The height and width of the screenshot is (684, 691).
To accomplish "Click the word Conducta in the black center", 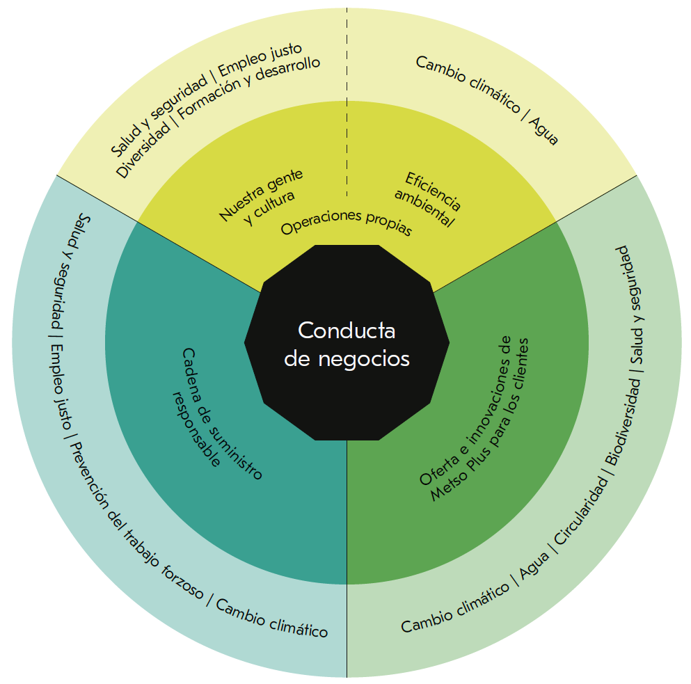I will tap(347, 330).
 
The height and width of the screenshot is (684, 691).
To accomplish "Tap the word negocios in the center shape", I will tap(364, 359).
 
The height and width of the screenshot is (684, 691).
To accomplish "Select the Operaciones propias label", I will tap(346, 222).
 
